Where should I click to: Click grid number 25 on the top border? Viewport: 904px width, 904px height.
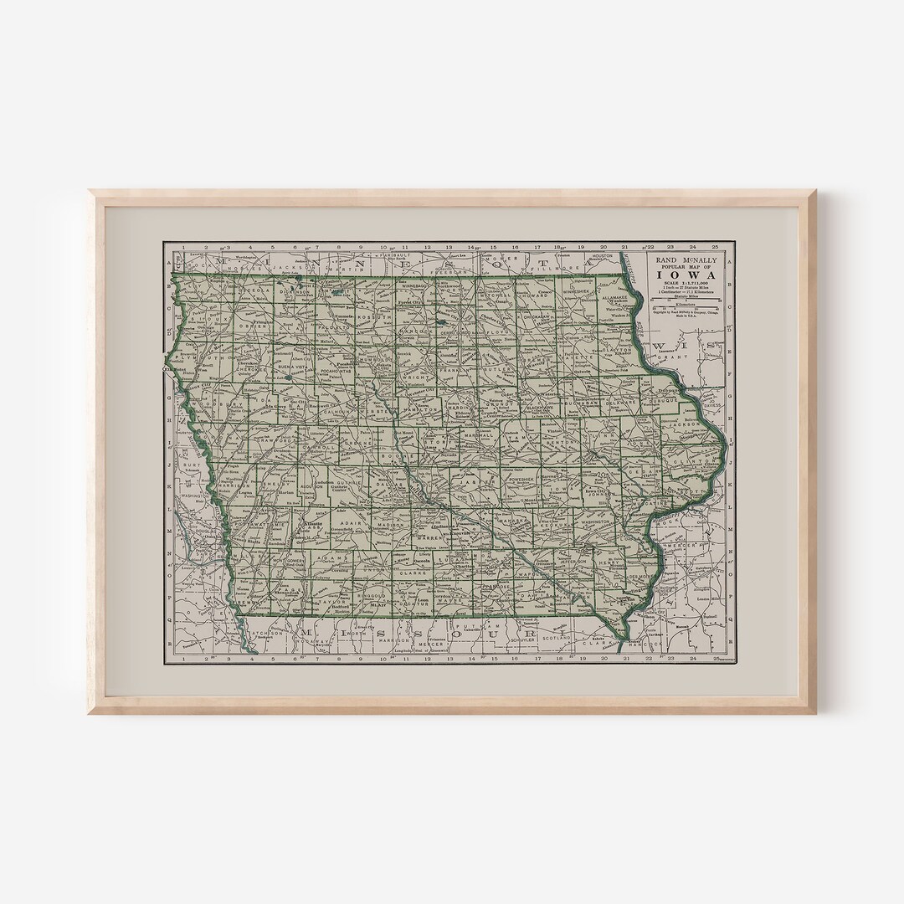[714, 247]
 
